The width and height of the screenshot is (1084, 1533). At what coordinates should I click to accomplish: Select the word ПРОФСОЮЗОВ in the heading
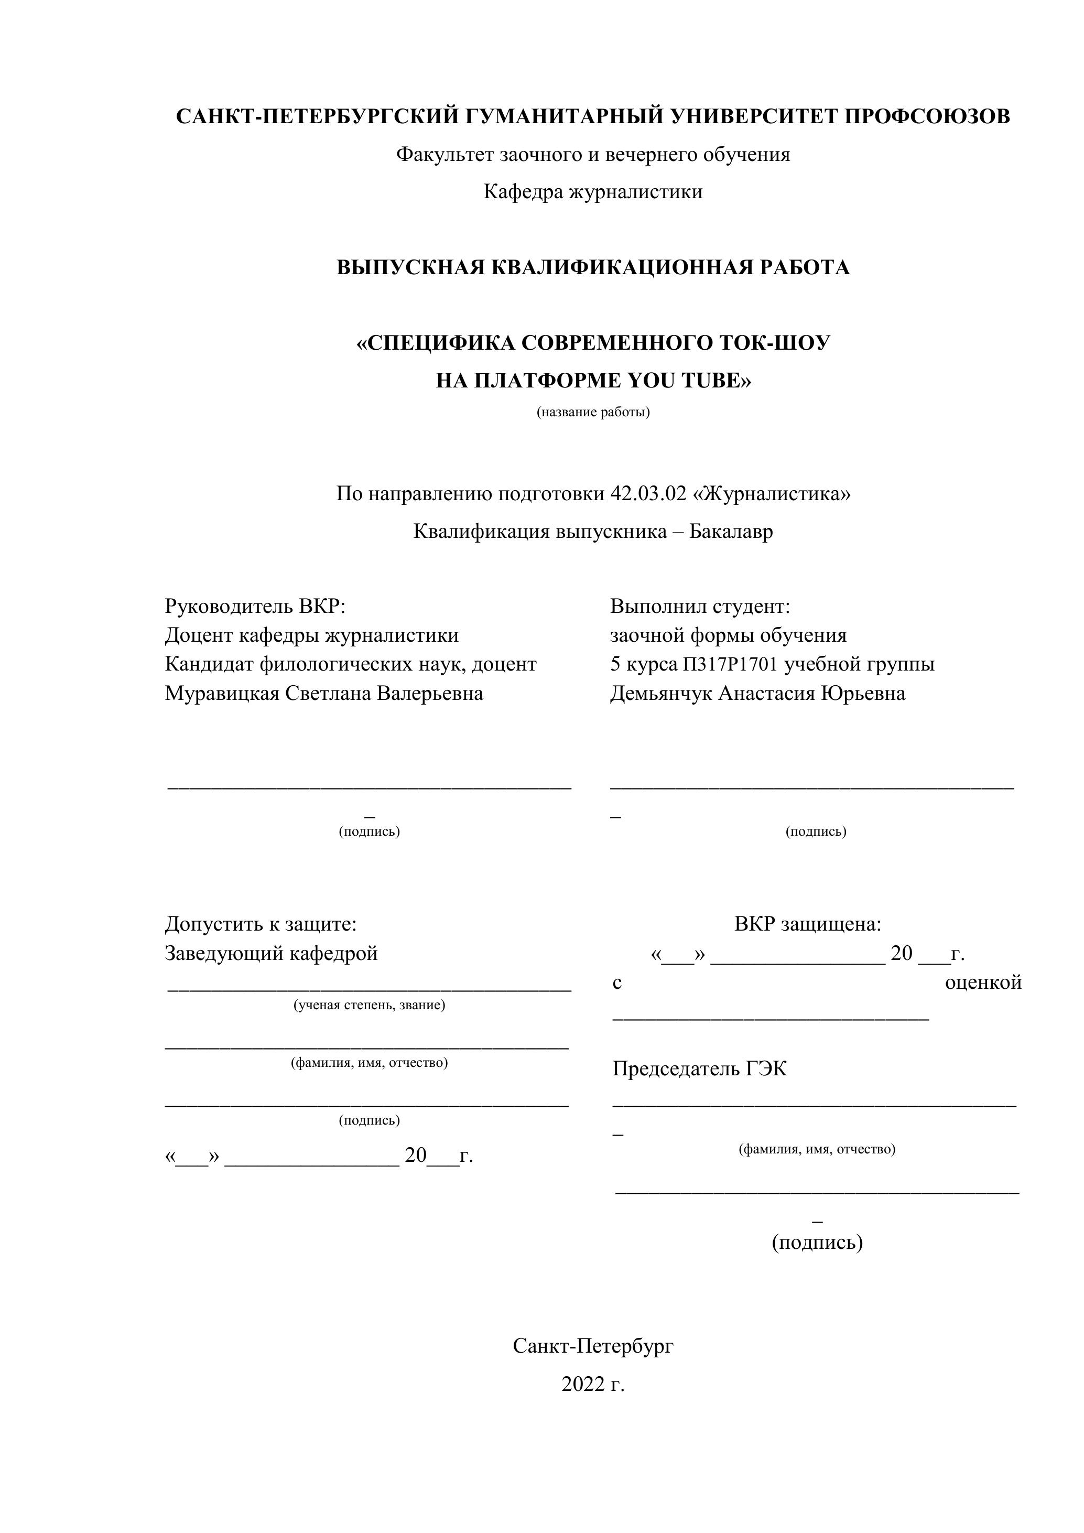(x=927, y=116)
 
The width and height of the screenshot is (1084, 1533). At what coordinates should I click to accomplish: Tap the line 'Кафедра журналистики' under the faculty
(x=593, y=192)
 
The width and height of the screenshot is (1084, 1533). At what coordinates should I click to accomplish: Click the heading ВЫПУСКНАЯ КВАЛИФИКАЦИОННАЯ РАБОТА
(x=593, y=268)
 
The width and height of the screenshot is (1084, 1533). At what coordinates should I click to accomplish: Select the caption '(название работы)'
(x=593, y=412)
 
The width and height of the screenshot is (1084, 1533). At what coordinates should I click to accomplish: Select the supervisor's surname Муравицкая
(x=222, y=693)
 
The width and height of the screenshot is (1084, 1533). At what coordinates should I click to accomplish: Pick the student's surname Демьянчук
(x=661, y=693)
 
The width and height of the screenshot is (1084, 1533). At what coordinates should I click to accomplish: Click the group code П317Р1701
(x=730, y=664)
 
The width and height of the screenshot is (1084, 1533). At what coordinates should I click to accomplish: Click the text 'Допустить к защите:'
(x=261, y=924)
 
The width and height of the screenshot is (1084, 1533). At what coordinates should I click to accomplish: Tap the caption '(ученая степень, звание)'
(x=369, y=1005)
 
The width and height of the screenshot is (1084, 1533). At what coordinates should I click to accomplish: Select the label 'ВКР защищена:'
(x=808, y=924)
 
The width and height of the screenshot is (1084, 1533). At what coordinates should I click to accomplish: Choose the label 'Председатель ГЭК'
(x=700, y=1069)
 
